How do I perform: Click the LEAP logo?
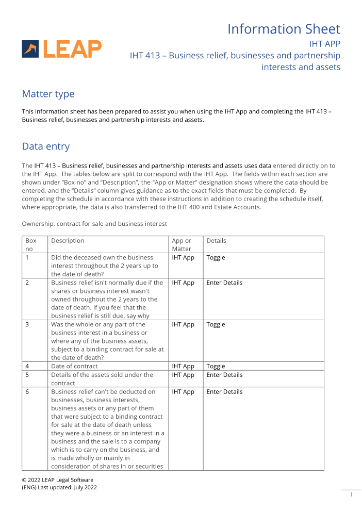[x=62, y=49]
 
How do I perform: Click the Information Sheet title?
[x=284, y=29]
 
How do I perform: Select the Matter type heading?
[x=48, y=94]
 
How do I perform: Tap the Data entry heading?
[x=45, y=146]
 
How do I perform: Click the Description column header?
[x=68, y=241]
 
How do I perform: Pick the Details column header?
[x=216, y=241]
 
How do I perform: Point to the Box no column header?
[x=31, y=244]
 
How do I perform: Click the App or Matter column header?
[x=182, y=244]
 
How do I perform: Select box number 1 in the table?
[x=27, y=257]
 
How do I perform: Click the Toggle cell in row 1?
[x=216, y=257]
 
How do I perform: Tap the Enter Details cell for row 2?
[x=224, y=283]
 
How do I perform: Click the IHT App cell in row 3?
[x=183, y=324]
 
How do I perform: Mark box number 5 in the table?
[x=27, y=375]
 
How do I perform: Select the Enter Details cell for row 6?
[x=224, y=392]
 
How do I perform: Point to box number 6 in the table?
[x=27, y=392]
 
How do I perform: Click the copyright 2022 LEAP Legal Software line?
[x=57, y=480]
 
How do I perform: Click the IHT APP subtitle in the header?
[x=324, y=44]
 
